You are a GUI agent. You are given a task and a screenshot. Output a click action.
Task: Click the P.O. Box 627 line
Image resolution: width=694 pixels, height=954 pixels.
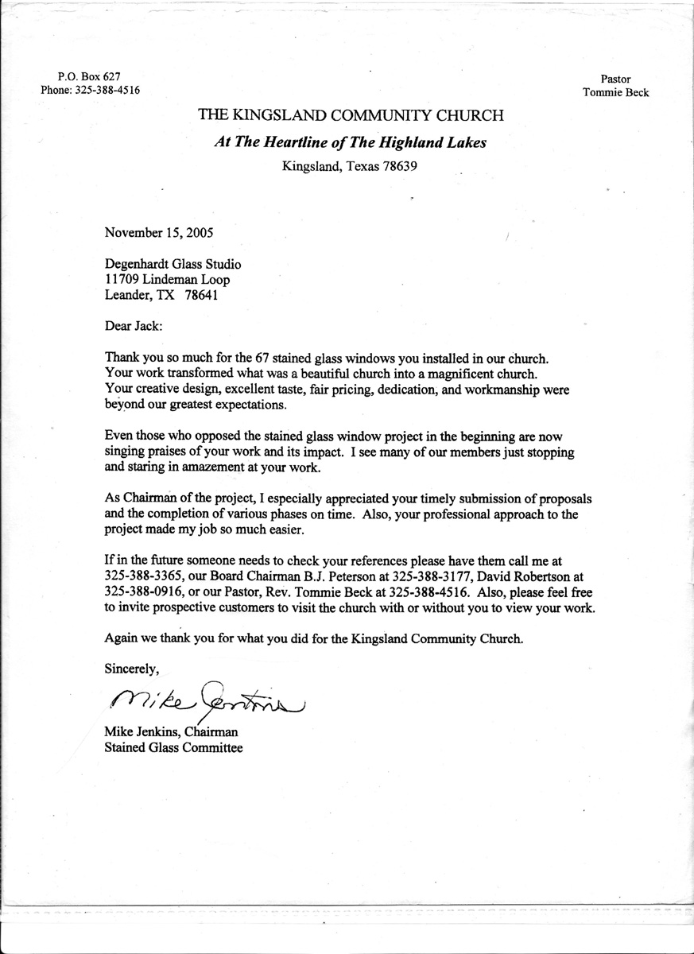point(90,76)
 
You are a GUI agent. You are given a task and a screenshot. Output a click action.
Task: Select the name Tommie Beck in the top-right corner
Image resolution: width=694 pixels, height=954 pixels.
point(615,92)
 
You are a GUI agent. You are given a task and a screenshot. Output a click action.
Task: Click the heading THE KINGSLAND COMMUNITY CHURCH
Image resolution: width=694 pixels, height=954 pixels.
point(351,116)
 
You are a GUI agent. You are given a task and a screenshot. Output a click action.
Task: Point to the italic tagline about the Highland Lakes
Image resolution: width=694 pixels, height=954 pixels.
point(351,142)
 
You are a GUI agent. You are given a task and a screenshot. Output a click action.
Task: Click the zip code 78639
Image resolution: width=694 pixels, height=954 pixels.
point(400,167)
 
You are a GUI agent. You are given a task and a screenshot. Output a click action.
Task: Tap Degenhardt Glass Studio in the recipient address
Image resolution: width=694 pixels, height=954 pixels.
point(173,265)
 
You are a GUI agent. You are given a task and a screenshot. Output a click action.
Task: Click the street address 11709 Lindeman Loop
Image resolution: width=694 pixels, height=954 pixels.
point(169,280)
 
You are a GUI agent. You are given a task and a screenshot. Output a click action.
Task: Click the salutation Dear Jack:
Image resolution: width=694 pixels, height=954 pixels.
point(133,325)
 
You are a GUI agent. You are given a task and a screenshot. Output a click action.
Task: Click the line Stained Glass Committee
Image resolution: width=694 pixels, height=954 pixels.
point(173,748)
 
